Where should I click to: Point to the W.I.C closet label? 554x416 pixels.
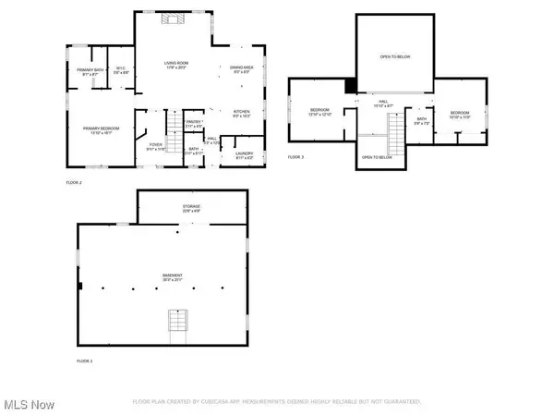click(121, 71)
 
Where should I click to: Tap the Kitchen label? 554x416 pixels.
click(241, 114)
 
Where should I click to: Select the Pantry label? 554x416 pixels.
click(193, 123)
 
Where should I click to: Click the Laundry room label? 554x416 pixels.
click(243, 156)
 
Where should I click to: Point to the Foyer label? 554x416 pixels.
click(155, 146)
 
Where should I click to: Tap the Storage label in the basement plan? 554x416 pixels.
click(191, 208)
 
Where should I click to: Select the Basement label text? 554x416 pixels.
click(174, 276)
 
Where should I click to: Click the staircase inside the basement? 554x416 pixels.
click(176, 324)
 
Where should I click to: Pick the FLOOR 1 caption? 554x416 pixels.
click(85, 361)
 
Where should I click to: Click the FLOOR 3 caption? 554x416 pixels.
click(295, 157)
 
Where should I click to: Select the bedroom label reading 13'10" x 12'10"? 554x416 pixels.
click(319, 113)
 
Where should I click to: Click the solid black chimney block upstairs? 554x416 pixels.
click(351, 86)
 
